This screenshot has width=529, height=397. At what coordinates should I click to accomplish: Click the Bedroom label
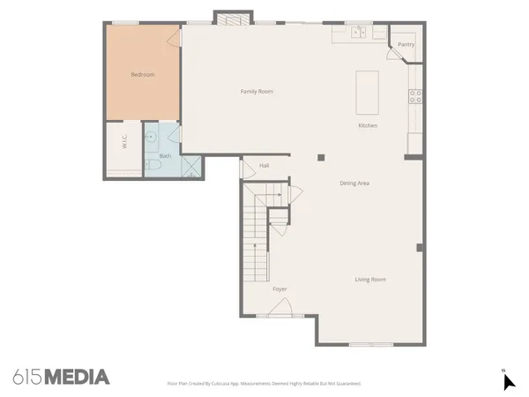pyautogui.click(x=143, y=75)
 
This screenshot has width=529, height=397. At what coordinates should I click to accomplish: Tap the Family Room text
pyautogui.click(x=257, y=91)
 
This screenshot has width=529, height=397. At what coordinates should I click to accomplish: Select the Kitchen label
pyautogui.click(x=368, y=125)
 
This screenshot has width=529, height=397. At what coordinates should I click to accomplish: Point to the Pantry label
pyautogui.click(x=406, y=43)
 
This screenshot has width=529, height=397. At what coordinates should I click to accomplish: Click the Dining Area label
pyautogui.click(x=354, y=183)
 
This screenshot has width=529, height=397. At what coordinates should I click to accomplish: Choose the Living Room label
pyautogui.click(x=370, y=280)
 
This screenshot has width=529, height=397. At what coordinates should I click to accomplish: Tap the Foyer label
pyautogui.click(x=279, y=289)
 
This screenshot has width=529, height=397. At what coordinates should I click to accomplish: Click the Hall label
pyautogui.click(x=264, y=165)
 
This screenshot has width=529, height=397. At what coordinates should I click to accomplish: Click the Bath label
pyautogui.click(x=165, y=156)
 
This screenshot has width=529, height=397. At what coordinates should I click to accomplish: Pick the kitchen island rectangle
pyautogui.click(x=367, y=92)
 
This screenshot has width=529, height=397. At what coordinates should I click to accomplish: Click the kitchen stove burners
pyautogui.click(x=414, y=96)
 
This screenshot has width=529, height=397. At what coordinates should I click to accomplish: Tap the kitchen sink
pyautogui.click(x=359, y=34)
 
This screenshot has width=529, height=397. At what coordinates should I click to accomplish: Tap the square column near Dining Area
pyautogui.click(x=321, y=157)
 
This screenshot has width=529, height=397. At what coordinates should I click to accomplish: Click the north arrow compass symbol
pyautogui.click(x=508, y=381)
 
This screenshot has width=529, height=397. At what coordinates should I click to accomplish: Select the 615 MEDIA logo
pyautogui.click(x=62, y=377)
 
